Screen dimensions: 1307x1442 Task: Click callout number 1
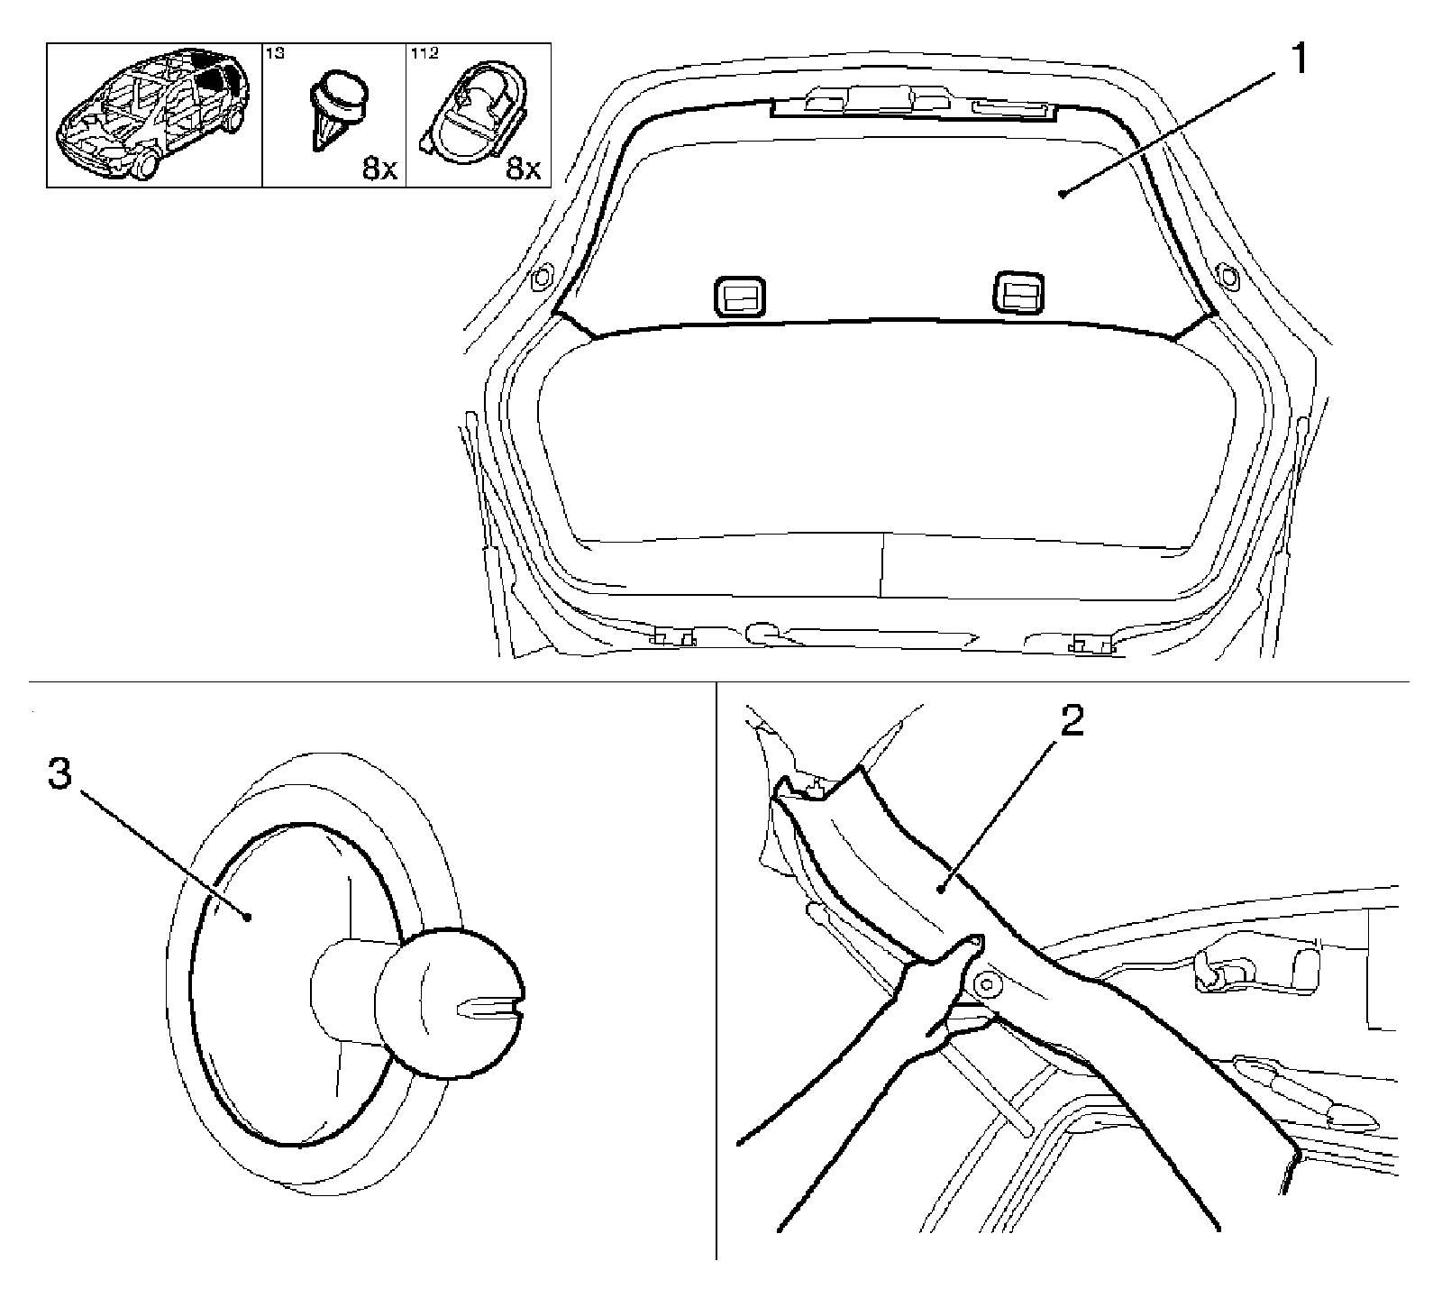1298,62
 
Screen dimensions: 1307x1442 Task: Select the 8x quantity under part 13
379,169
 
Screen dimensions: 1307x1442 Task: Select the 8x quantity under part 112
523,169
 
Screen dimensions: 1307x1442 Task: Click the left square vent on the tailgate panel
740,297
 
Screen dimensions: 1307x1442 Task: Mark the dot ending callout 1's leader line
1064,193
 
